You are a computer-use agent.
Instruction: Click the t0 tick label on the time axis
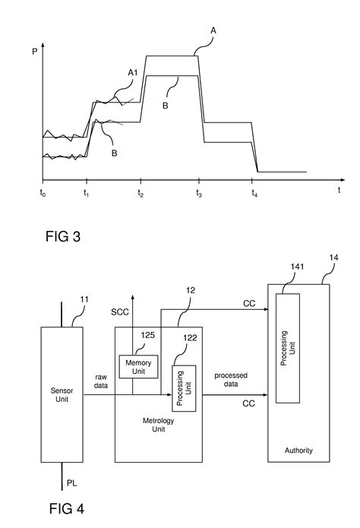pyautogui.click(x=43, y=194)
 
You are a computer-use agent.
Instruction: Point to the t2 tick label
pyautogui.click(x=141, y=194)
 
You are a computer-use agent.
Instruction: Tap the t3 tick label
pyautogui.click(x=198, y=194)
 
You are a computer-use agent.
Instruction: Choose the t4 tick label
pyautogui.click(x=254, y=194)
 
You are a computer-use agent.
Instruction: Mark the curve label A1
pyautogui.click(x=132, y=73)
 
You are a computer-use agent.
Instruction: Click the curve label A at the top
pyautogui.click(x=213, y=31)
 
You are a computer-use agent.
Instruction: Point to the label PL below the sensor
pyautogui.click(x=72, y=482)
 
